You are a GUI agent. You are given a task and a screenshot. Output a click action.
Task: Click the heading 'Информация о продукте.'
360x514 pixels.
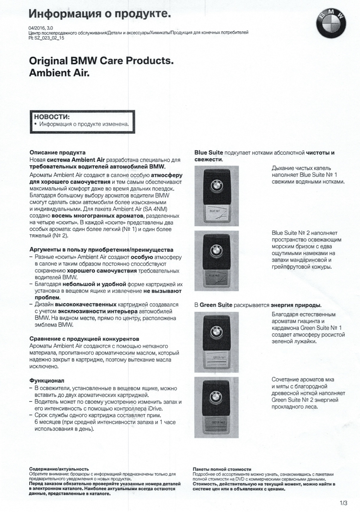click(x=100, y=13)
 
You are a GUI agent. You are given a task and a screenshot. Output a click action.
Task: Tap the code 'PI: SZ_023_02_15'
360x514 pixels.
click(x=46, y=38)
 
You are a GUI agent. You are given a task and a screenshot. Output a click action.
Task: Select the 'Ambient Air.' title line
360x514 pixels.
click(x=59, y=73)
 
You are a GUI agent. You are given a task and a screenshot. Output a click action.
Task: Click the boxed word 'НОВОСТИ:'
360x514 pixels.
click(x=52, y=117)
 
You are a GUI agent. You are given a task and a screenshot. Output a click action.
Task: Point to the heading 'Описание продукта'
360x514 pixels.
click(x=57, y=153)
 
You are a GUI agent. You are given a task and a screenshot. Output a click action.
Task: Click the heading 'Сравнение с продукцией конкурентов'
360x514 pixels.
click(x=84, y=339)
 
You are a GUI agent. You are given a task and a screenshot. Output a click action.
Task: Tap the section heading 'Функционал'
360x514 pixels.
click(x=47, y=381)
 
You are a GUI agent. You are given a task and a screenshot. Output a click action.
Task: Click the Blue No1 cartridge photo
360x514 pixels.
click(x=216, y=196)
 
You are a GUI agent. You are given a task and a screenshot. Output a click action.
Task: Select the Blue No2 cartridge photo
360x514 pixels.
click(x=216, y=261)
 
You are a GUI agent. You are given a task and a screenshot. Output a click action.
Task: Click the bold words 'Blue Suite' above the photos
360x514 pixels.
click(x=209, y=153)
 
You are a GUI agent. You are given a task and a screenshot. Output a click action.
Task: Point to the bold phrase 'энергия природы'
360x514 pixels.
click(x=296, y=305)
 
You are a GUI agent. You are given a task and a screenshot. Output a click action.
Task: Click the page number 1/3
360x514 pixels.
click(x=344, y=503)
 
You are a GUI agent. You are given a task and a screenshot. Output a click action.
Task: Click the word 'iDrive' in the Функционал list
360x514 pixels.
click(x=155, y=409)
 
